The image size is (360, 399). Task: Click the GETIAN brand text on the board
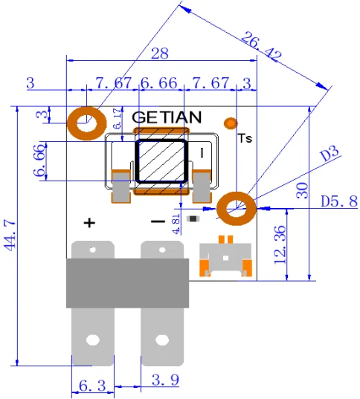pos(166,117)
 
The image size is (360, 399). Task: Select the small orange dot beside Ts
pos(231,122)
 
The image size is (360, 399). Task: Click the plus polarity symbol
pos(89,222)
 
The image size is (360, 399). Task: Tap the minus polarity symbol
pos(158,222)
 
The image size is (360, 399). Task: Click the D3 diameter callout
pos(329,155)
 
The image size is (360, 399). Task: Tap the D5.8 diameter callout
pos(339,201)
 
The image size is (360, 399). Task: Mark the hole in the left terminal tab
pos(92,340)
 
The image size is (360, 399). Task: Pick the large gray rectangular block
pos(127,283)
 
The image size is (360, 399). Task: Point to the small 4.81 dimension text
pos(176,221)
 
